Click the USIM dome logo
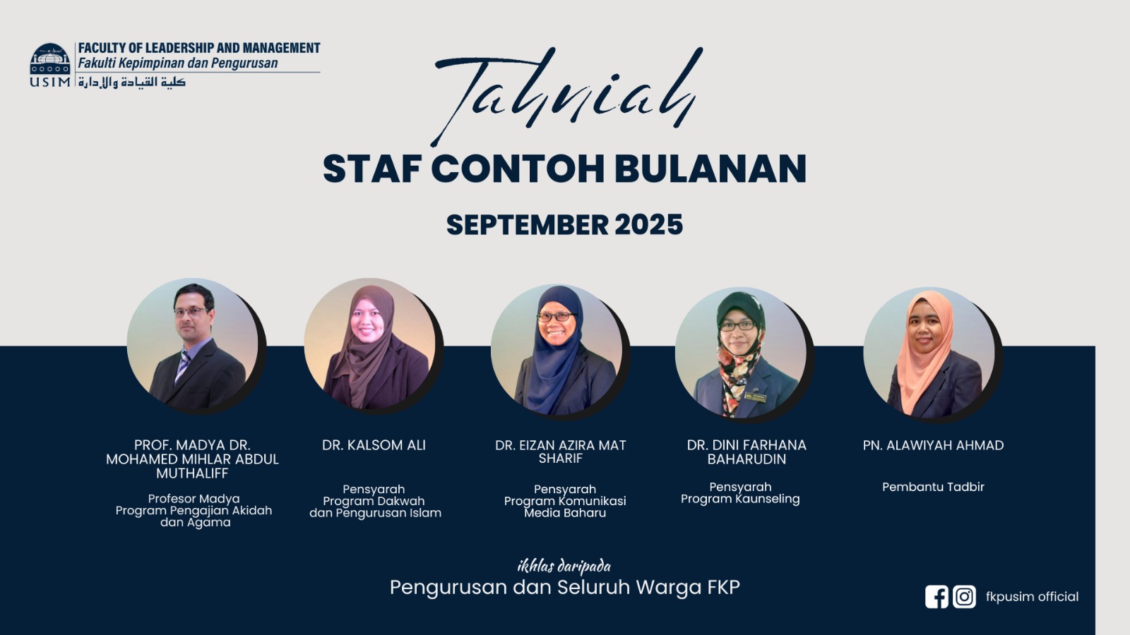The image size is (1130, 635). click(x=50, y=59)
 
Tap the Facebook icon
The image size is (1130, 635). click(x=936, y=597)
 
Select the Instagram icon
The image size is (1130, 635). click(x=964, y=597)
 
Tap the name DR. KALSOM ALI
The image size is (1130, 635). click(x=374, y=445)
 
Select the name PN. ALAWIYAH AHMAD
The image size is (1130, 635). click(x=933, y=445)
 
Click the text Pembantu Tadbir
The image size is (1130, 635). click(x=933, y=487)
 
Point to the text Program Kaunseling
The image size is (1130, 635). click(x=740, y=499)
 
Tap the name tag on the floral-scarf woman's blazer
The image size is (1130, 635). click(x=755, y=397)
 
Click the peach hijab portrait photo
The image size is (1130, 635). click(x=929, y=352)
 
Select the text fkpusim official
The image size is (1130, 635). click(x=1032, y=597)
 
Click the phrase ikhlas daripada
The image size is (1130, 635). click(x=564, y=567)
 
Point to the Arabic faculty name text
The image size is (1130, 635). click(x=131, y=82)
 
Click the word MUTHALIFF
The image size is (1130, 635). click(x=192, y=473)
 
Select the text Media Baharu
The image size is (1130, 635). click(x=565, y=513)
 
